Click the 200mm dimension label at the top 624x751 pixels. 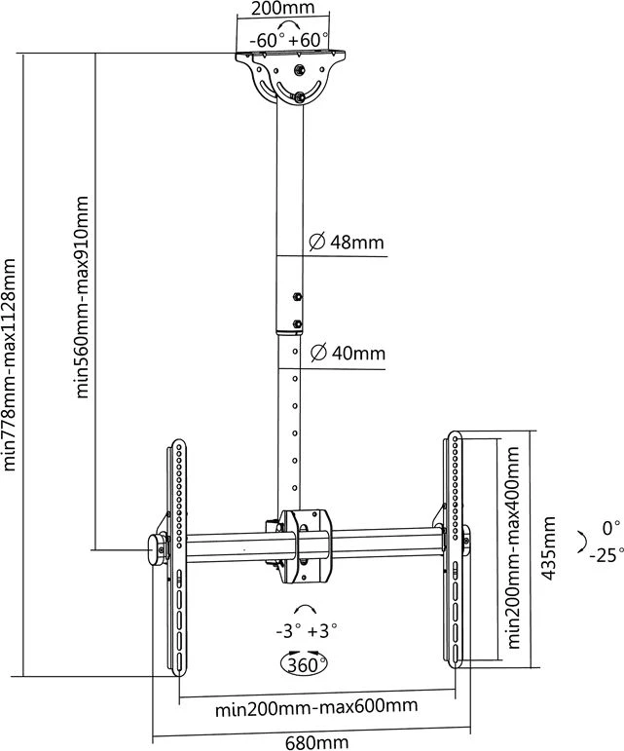[283, 8]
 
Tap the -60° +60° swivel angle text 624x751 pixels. [289, 40]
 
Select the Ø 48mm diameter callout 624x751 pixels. [347, 242]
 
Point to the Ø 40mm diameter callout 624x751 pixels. [348, 353]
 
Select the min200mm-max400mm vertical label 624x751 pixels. [513, 547]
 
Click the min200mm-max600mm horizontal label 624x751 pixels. [316, 707]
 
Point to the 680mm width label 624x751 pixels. [316, 743]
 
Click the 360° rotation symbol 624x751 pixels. [304, 664]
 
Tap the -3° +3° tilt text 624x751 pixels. [307, 630]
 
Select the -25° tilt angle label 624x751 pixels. [606, 555]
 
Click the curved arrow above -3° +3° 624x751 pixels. [305, 608]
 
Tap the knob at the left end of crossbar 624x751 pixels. [156, 550]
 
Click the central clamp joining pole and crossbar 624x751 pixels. [305, 546]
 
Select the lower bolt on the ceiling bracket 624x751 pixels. [300, 96]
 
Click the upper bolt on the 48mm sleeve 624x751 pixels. [297, 296]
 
